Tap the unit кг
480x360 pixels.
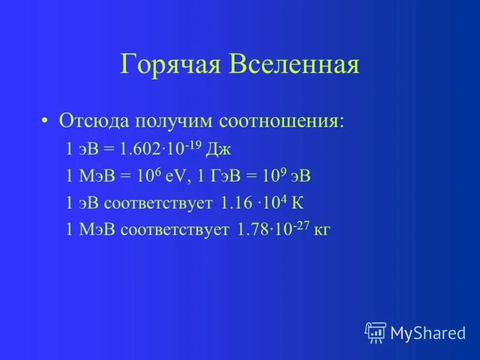[324, 230]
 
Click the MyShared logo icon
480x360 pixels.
[376, 332]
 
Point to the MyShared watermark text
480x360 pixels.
[428, 332]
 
